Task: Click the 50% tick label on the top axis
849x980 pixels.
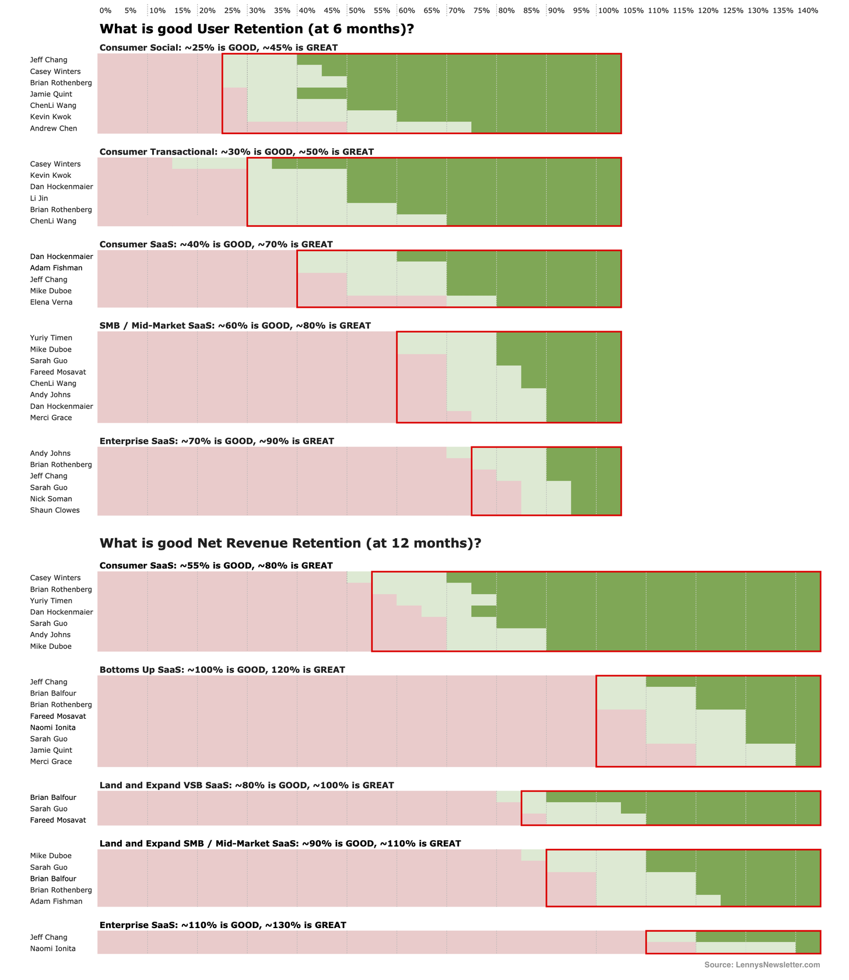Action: (357, 10)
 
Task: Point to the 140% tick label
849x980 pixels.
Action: (808, 10)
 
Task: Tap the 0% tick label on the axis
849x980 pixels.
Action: (106, 10)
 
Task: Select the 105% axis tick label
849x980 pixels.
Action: (633, 10)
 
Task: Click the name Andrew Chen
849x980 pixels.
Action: (54, 128)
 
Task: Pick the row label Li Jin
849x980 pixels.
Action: (39, 198)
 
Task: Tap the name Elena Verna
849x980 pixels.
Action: (51, 302)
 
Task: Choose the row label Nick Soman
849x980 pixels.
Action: (51, 499)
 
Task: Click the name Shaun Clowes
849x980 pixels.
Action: (55, 510)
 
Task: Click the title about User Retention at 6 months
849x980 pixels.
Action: (257, 29)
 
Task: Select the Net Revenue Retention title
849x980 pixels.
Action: (290, 543)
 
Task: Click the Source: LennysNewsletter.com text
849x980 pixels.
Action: (762, 965)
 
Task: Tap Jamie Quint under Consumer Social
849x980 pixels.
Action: (51, 94)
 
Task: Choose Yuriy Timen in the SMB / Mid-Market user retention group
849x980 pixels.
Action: (51, 338)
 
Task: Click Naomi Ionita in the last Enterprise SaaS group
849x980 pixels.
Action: (53, 949)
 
